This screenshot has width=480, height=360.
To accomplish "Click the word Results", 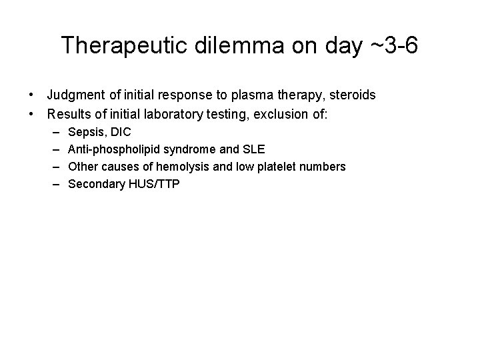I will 67,113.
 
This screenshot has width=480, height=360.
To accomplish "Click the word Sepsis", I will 86,132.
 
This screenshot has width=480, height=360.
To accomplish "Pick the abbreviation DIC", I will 120,132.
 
